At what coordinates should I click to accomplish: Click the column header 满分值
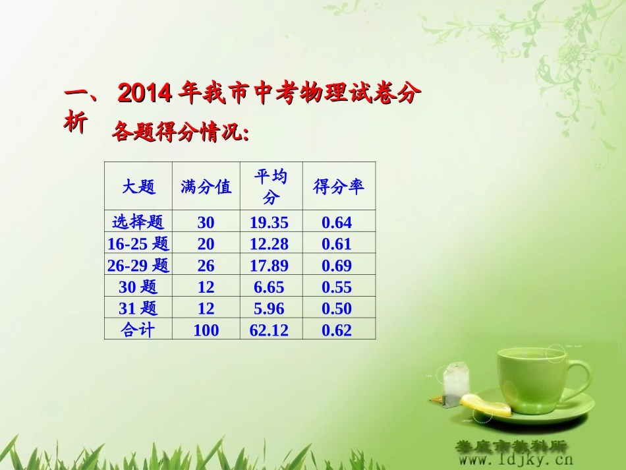(206, 187)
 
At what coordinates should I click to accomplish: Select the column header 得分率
(339, 187)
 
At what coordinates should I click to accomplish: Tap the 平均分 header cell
(271, 187)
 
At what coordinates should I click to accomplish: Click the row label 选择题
(138, 222)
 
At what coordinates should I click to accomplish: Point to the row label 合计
(138, 330)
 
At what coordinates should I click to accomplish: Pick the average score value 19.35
(269, 223)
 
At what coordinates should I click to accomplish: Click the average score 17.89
(269, 266)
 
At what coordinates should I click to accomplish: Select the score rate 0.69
(337, 266)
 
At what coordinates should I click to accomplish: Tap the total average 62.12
(269, 330)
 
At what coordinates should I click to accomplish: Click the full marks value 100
(206, 330)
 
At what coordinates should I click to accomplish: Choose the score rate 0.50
(337, 308)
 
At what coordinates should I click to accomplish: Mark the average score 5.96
(269, 308)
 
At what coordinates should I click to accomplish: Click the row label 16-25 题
(138, 244)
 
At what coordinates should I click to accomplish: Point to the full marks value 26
(206, 266)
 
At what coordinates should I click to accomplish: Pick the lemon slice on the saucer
(486, 405)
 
